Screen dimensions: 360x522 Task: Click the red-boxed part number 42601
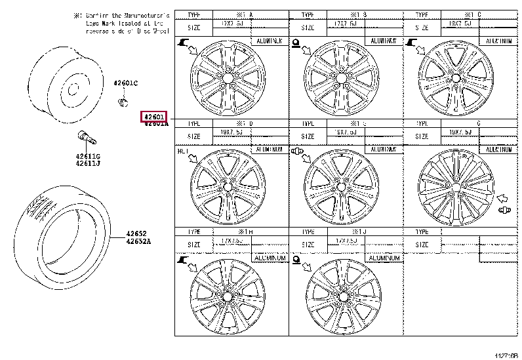pos(155,116)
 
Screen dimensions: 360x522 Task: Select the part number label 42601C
pos(125,83)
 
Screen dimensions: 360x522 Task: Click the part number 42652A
pos(139,241)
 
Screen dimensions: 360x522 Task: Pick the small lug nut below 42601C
pos(121,102)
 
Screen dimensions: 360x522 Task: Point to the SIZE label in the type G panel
pos(421,136)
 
